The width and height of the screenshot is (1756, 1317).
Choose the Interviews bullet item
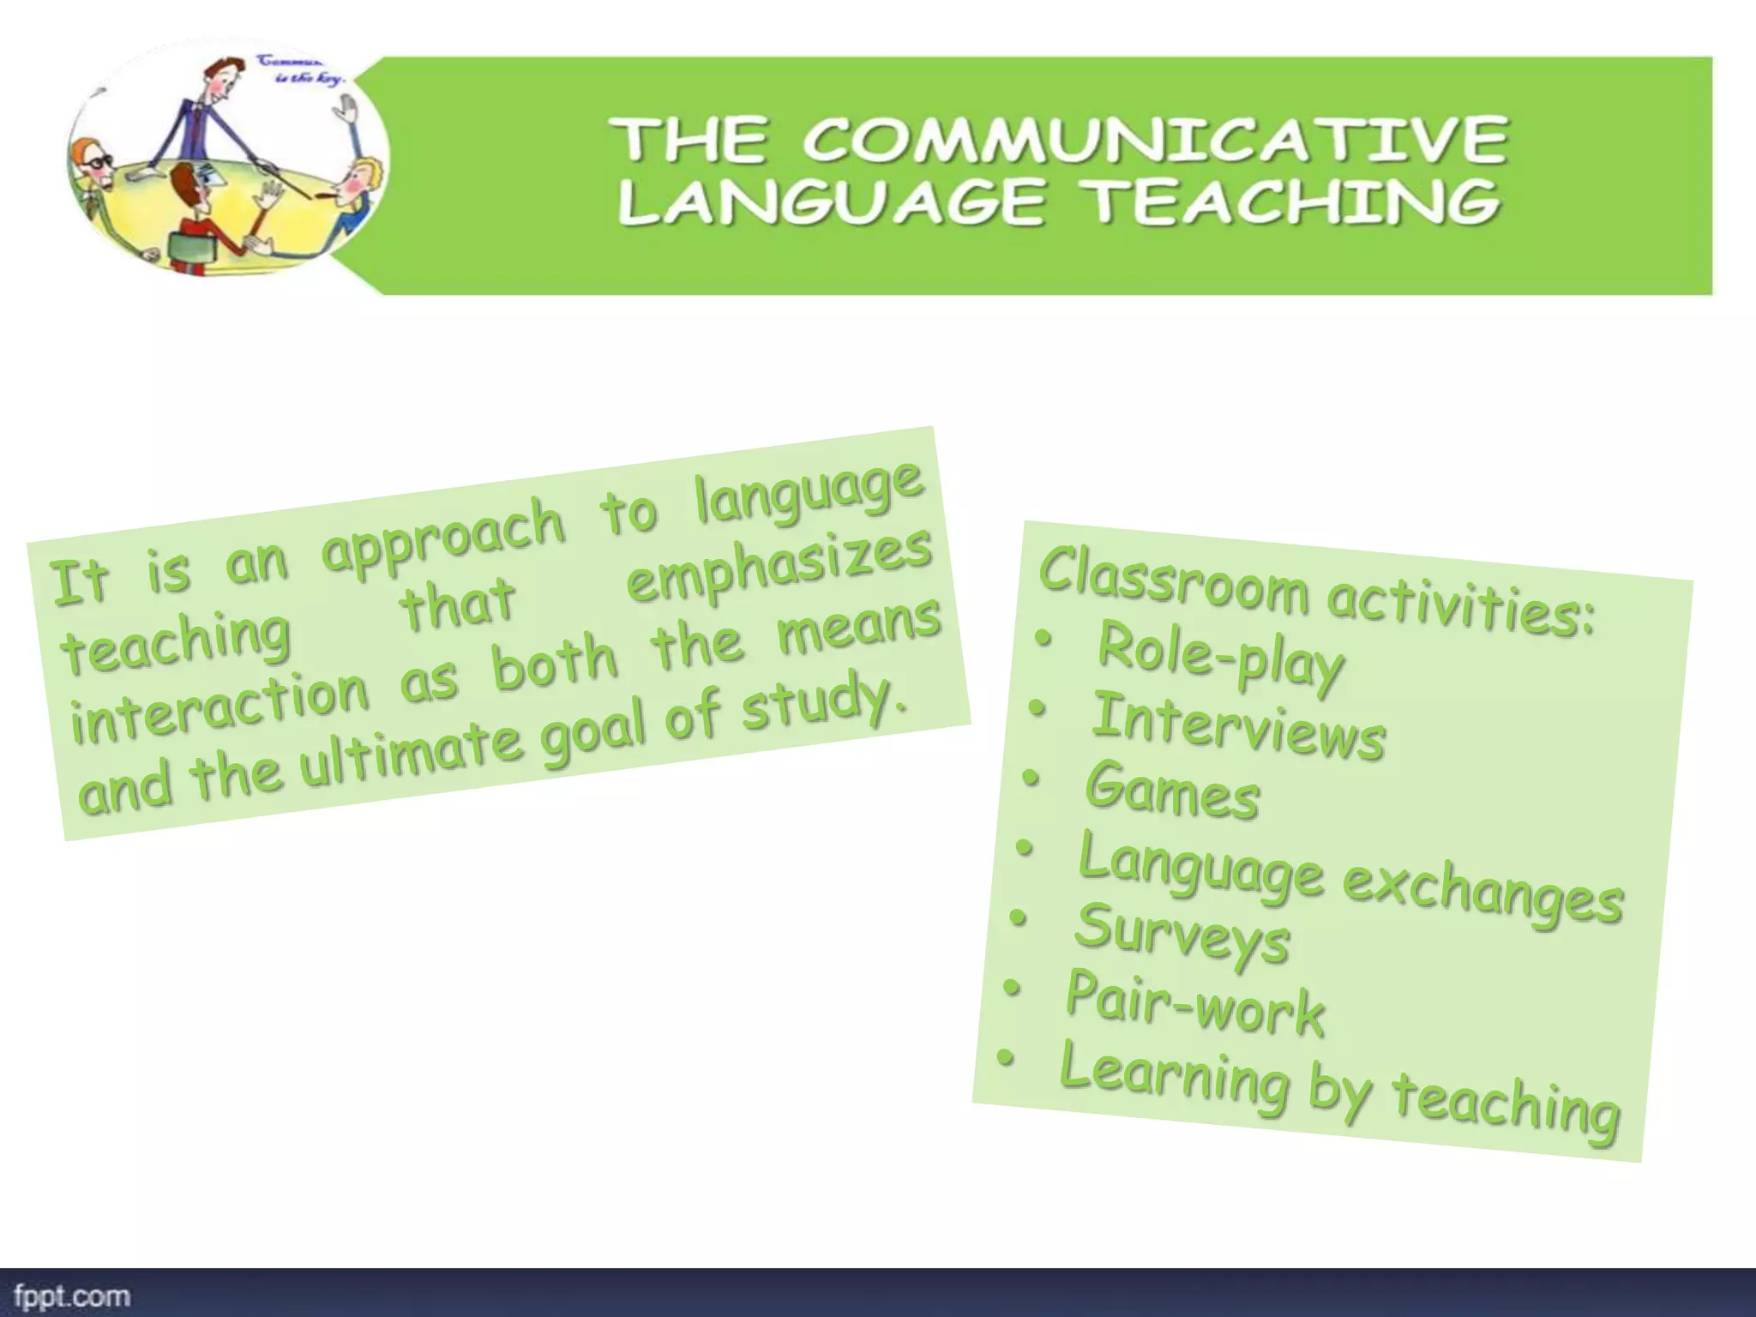tap(1238, 727)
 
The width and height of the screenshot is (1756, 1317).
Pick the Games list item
tap(1172, 791)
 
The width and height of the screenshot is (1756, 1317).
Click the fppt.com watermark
tap(72, 1296)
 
